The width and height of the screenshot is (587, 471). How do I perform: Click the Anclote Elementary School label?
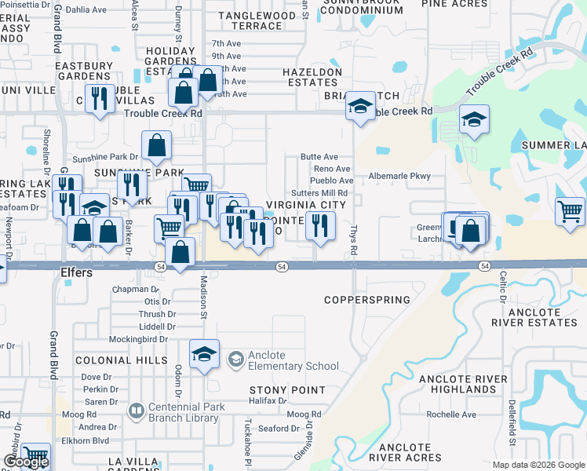[293, 360]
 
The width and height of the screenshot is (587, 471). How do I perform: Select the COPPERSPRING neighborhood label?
[368, 300]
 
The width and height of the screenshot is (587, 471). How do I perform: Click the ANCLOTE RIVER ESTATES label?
[537, 317]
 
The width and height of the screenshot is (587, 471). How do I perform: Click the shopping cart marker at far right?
[570, 212]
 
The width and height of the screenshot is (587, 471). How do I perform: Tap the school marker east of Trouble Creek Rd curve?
[474, 121]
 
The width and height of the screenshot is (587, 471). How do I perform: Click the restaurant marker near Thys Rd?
[319, 227]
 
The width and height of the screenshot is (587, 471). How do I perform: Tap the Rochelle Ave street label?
[451, 414]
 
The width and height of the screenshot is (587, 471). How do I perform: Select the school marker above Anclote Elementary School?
[204, 353]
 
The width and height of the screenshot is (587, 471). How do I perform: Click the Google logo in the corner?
[26, 462]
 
